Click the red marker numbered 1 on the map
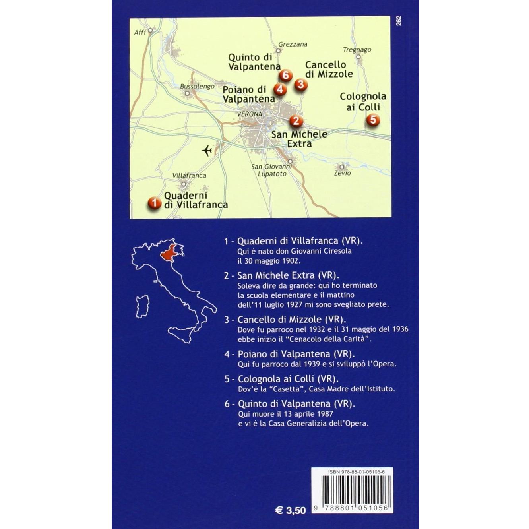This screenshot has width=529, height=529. coord(154,203)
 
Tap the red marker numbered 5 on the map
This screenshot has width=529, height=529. coord(373,119)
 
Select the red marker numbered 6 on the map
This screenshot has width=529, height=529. coord(286,75)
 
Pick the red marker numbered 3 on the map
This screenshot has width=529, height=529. coord(300,84)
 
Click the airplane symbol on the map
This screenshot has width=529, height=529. coord(207,150)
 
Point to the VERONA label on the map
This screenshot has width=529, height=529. coord(249,114)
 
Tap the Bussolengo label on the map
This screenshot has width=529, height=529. coord(197,86)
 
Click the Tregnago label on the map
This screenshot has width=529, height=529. coord(357,50)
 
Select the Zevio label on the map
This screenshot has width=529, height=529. coord(342,173)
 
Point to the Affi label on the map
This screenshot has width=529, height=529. coord(140,32)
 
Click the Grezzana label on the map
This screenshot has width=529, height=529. coord(293,44)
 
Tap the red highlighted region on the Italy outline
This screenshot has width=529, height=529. coord(169,254)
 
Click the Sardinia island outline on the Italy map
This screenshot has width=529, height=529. coord(142,306)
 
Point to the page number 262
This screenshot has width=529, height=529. coord(399,21)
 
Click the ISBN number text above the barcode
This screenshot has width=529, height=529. coord(351,471)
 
